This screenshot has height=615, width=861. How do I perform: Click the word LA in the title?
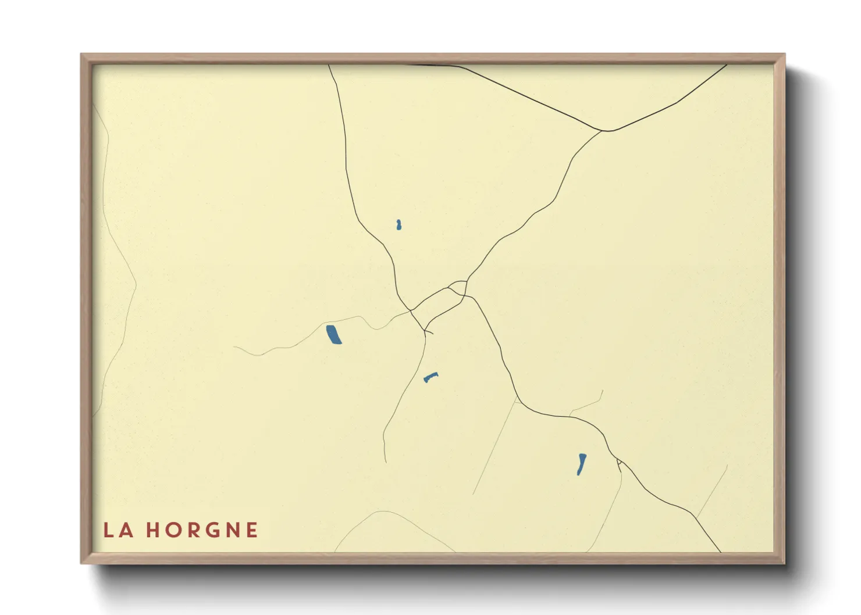(x=118, y=530)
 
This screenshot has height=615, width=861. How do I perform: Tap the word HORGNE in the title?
(x=202, y=530)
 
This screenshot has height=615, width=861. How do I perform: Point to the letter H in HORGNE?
(x=152, y=530)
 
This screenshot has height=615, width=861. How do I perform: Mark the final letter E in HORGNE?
(x=252, y=530)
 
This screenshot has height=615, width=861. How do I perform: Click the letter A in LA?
(x=126, y=530)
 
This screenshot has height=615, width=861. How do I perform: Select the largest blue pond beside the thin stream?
(x=333, y=335)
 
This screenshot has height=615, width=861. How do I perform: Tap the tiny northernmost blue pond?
(x=399, y=225)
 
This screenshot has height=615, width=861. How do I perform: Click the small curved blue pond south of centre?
(x=430, y=377)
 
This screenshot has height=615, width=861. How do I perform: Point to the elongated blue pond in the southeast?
(x=581, y=464)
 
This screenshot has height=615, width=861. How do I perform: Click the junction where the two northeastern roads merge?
(x=606, y=131)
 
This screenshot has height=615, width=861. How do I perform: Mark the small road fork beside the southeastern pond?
(x=619, y=463)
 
